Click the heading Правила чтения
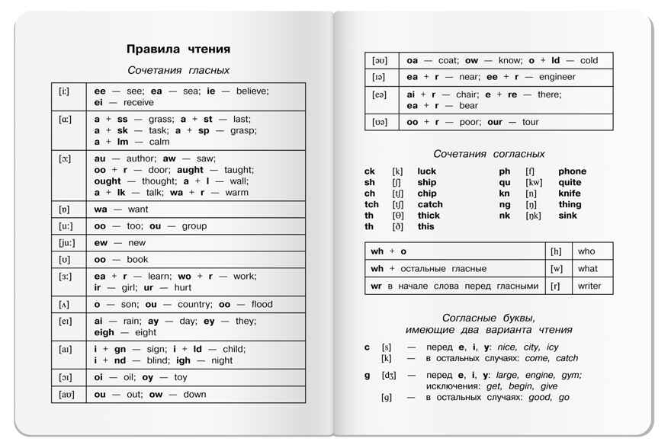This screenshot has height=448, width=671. (178, 50)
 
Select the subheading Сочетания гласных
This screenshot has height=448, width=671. (178, 70)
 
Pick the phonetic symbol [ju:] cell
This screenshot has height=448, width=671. (67, 243)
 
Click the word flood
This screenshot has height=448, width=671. (261, 304)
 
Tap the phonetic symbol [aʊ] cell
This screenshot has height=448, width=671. (67, 395)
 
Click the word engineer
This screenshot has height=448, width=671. (557, 77)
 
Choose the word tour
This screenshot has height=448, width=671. (530, 122)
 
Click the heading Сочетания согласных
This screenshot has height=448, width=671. (489, 154)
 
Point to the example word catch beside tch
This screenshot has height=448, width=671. (430, 204)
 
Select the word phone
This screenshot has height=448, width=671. (572, 171)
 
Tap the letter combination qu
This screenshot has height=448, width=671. (505, 182)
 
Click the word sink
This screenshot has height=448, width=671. (568, 216)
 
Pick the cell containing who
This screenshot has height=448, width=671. (586, 251)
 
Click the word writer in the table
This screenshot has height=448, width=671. (589, 286)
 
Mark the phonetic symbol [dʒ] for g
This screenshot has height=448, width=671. (390, 375)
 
